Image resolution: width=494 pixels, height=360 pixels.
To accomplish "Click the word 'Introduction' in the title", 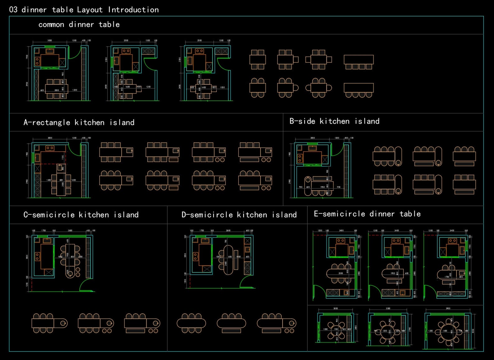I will click(133, 10).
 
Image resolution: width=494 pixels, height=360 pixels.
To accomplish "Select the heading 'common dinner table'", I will click(79, 25).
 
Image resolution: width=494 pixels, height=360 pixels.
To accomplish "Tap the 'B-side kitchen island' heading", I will click(334, 121).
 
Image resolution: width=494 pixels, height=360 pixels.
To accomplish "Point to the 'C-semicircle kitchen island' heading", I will click(81, 215).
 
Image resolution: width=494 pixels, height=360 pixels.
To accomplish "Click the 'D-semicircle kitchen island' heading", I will click(239, 215).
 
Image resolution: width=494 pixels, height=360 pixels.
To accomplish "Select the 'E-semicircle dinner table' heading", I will click(367, 214).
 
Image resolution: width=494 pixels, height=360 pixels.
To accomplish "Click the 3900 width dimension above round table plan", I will click(448, 308).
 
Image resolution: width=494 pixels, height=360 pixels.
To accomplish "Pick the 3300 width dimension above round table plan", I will click(388, 308).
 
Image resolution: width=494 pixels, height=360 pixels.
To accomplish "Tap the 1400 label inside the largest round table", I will click(445, 331).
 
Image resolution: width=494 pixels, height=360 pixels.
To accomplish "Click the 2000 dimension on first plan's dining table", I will click(57, 90).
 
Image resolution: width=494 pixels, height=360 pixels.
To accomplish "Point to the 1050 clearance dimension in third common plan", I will click(222, 87).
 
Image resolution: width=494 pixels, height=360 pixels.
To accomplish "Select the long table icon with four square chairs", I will click(358, 62).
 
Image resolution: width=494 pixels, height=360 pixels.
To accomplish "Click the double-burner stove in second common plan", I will click(126, 51).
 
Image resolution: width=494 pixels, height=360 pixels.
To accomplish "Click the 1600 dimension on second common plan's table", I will click(128, 87).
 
